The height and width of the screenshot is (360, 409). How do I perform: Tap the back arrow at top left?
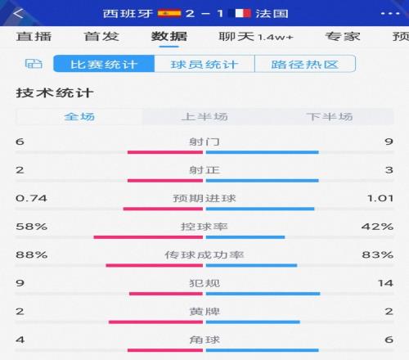pyautogui.click(x=19, y=13)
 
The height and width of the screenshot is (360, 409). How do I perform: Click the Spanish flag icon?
pyautogui.click(x=169, y=13)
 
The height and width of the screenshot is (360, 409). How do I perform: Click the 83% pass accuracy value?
pyautogui.click(x=384, y=255)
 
